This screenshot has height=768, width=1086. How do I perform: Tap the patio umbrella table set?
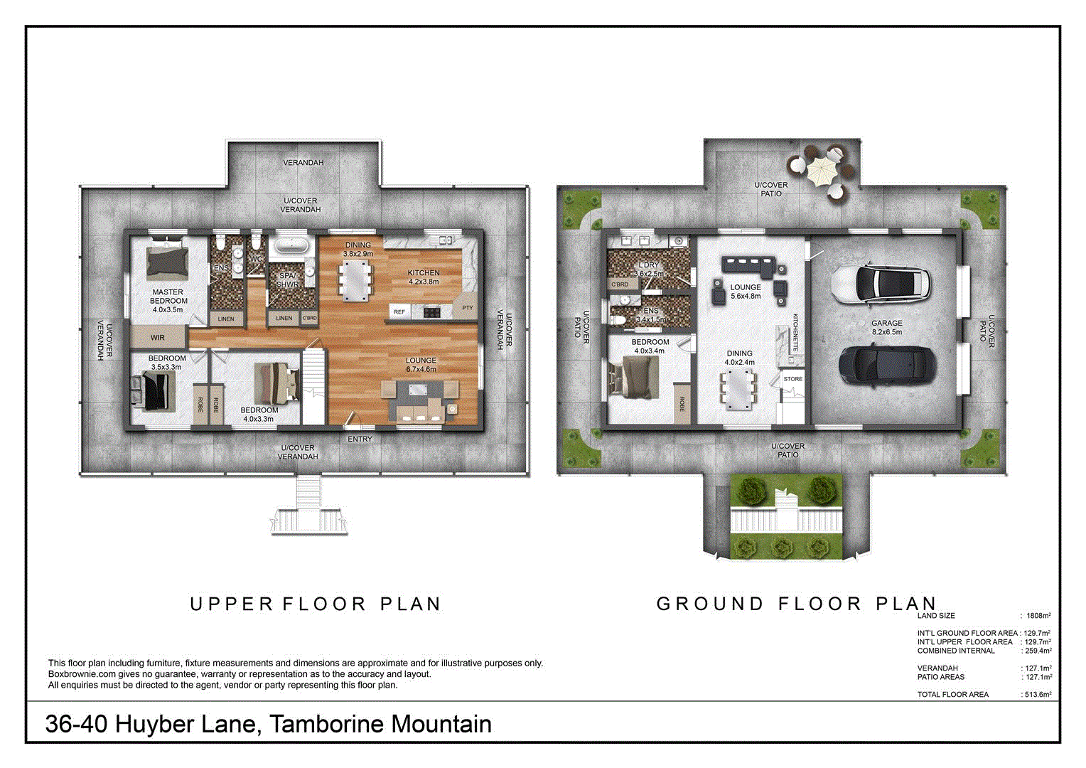tap(822, 171)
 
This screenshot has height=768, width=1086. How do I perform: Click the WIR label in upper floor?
tap(158, 338)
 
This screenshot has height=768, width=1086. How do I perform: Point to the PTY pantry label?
tap(467, 308)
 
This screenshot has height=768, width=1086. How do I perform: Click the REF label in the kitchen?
tap(399, 312)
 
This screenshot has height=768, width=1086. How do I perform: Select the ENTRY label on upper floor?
tap(360, 439)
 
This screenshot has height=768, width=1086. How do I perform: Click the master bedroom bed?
tap(168, 262)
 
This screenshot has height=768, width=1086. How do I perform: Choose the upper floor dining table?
tap(355, 280)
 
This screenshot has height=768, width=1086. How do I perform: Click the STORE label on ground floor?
tap(792, 379)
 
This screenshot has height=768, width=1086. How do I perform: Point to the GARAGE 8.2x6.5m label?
tap(887, 327)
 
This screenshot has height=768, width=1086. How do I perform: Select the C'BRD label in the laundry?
tap(620, 284)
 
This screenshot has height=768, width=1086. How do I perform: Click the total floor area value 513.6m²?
tap(1037, 695)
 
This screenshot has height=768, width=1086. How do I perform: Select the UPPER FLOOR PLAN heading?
tap(316, 604)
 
